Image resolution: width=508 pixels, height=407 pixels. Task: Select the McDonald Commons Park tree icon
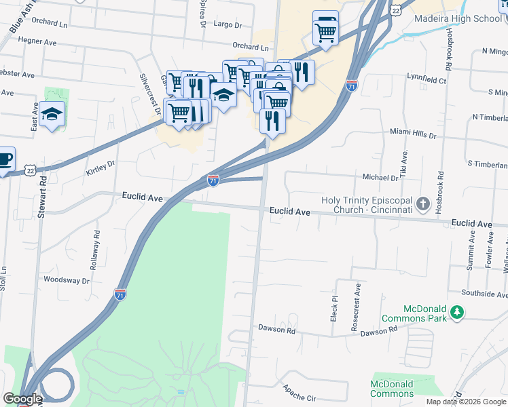tap(458, 312)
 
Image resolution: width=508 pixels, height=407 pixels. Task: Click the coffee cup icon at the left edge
tap(4, 160)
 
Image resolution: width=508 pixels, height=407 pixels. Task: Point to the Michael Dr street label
tap(380, 178)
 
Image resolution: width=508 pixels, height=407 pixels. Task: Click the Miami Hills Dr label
tap(413, 135)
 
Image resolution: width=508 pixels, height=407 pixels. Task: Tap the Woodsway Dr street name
tap(67, 279)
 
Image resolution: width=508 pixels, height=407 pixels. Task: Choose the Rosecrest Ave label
tap(356, 298)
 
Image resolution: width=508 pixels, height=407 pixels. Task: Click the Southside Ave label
tap(485, 294)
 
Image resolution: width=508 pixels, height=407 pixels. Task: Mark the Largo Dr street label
tap(228, 25)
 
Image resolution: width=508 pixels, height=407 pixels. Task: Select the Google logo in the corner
tap(22, 399)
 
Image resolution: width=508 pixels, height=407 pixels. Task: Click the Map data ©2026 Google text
tap(465, 402)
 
